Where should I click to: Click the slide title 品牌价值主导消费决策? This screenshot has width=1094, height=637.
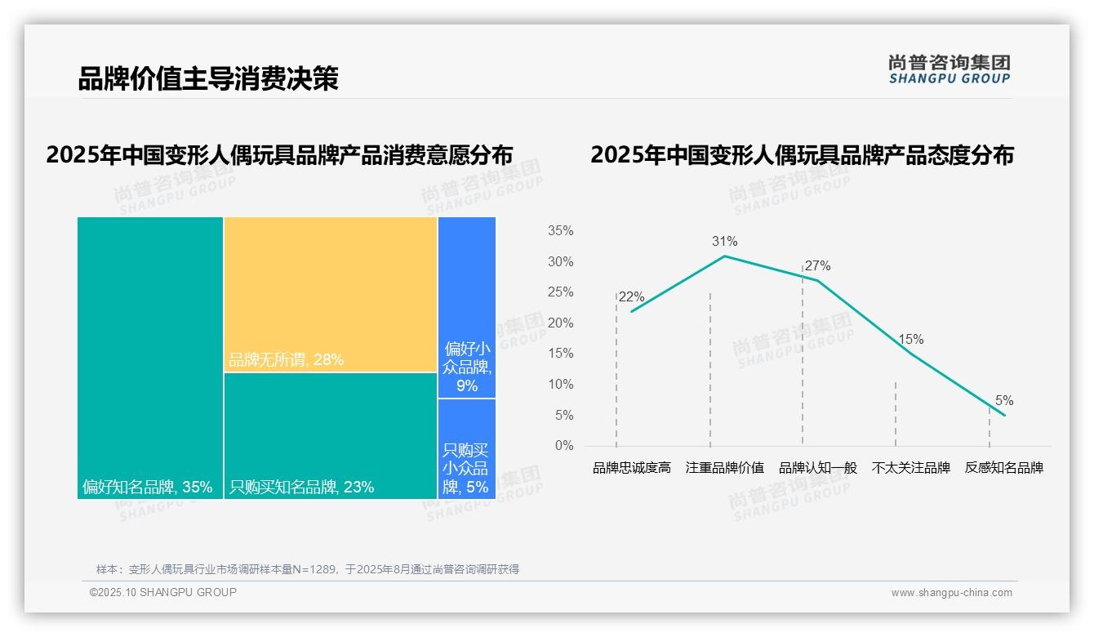[x=207, y=78]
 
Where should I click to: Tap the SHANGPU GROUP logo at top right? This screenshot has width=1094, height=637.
[x=949, y=69]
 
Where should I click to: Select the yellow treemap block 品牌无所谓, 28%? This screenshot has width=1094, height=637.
[x=331, y=294]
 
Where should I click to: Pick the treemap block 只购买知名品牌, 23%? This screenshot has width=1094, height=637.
[x=331, y=435]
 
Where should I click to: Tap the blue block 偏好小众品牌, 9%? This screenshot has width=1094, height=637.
[x=467, y=307]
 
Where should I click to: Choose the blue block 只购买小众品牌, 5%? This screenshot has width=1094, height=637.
[x=467, y=448]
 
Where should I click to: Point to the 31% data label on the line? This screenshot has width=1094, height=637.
[x=724, y=241]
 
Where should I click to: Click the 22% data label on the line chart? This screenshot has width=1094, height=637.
[x=631, y=297]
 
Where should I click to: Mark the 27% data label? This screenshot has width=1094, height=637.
[x=817, y=265]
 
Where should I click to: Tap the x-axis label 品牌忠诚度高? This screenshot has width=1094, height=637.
[x=632, y=468]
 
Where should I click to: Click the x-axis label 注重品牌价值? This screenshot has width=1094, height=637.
[x=725, y=468]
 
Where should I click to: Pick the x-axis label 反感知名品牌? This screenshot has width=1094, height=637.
[x=1004, y=468]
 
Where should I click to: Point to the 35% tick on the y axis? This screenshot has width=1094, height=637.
[x=560, y=231]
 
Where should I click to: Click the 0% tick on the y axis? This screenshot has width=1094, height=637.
[x=564, y=446]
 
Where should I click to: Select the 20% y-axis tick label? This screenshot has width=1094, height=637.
[x=560, y=323]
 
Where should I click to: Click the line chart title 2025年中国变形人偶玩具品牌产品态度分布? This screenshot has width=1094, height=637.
[x=802, y=155]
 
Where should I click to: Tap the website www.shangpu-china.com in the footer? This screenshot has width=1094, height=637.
[x=951, y=593]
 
